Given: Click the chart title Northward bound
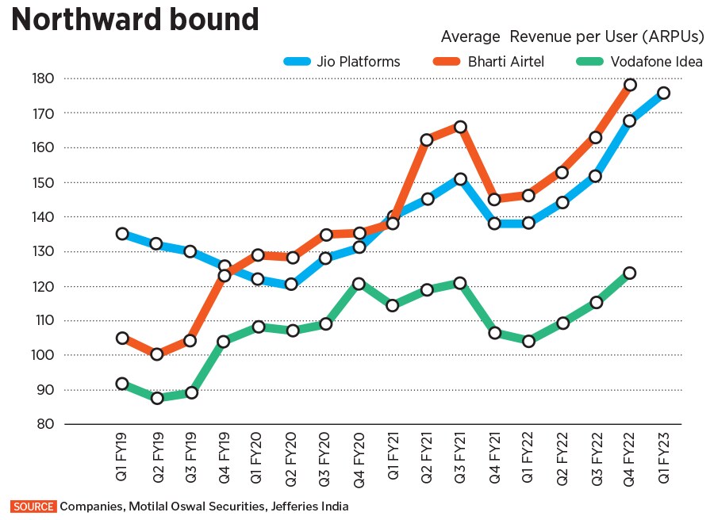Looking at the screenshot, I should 135,19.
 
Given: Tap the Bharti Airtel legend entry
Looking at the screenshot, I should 505,61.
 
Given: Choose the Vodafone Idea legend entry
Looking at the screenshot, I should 655,61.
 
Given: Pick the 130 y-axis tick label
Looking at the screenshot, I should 44,251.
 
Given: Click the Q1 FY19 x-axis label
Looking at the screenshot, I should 122,459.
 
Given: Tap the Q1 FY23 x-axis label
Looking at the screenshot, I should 663,459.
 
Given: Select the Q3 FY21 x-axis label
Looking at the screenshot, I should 460,459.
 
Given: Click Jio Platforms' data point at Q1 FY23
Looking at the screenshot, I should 663,93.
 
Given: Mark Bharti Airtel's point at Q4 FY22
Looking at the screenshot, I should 630,85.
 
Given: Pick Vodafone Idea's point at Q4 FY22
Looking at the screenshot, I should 630,273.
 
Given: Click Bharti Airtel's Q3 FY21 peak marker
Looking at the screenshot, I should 460,127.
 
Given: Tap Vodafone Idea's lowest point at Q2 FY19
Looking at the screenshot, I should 156,398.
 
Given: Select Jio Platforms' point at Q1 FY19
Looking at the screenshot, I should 122,234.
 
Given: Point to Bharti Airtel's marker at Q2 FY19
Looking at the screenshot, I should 156,354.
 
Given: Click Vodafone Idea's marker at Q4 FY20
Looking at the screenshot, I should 359,284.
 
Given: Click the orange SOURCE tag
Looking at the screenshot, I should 33,506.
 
